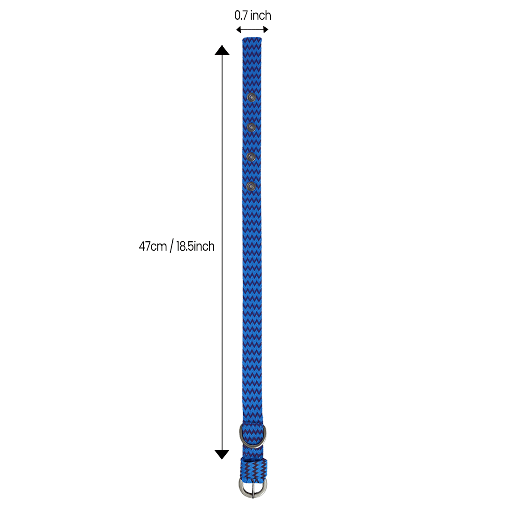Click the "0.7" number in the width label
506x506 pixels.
[241, 15]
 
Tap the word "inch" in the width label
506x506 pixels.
[260, 15]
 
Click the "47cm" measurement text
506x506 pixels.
[153, 246]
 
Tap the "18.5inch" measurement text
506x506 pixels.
[195, 246]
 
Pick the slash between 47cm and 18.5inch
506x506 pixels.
[171, 246]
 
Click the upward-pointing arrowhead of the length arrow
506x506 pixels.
[222, 50]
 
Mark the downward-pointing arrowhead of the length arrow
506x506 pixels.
[222, 454]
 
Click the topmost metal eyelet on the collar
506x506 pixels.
[252, 97]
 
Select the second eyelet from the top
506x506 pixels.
[252, 127]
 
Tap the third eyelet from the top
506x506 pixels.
[252, 156]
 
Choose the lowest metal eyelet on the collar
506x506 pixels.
[252, 186]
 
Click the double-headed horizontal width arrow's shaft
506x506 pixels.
[252, 30]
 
